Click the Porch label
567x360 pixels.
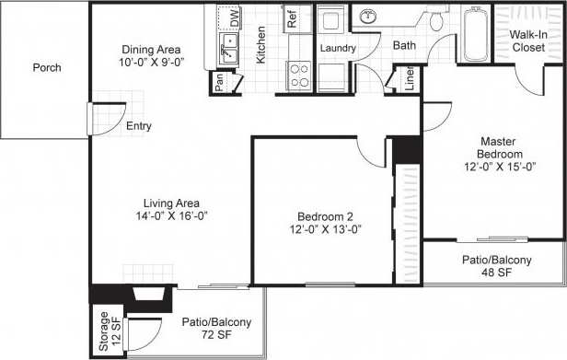click(46, 68)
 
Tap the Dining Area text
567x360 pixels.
click(151, 50)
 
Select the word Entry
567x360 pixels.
click(139, 127)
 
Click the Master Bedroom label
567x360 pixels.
click(501, 148)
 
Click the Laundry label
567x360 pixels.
click(338, 47)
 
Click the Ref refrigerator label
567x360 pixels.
click(291, 17)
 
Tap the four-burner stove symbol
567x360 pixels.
click(299, 73)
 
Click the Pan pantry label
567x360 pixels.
click(219, 81)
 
